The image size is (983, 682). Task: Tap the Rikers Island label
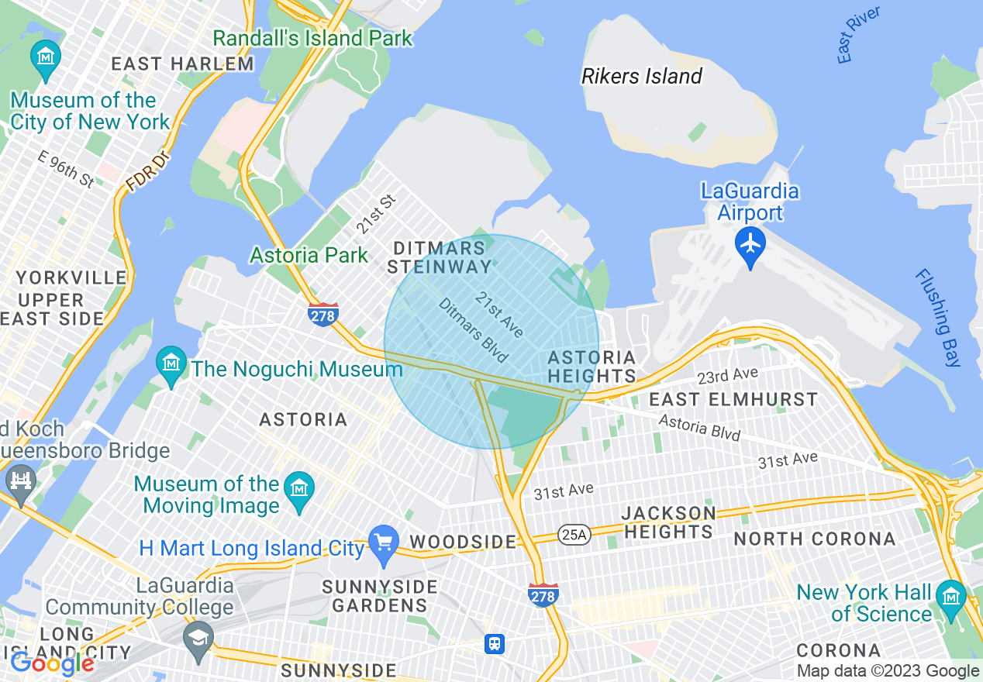(x=642, y=76)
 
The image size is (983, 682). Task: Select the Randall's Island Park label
(x=312, y=38)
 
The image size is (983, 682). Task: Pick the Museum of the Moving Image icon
(x=298, y=489)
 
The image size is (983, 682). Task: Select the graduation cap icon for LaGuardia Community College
(x=198, y=639)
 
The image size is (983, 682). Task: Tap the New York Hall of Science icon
(x=950, y=598)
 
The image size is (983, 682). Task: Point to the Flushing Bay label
(x=938, y=318)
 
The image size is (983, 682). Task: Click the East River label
(x=858, y=35)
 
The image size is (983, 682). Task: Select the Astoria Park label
(x=309, y=255)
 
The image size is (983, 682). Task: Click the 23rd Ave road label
(x=727, y=376)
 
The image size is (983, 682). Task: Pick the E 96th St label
(x=67, y=169)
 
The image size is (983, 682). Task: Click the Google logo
(x=52, y=663)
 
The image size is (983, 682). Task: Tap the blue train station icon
(x=495, y=643)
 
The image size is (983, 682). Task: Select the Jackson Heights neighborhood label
(x=668, y=522)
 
